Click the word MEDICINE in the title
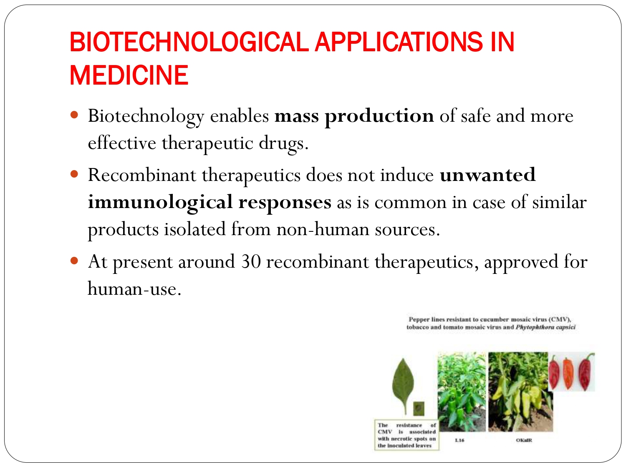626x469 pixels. (x=129, y=75)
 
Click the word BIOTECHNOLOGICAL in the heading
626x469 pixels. (x=189, y=42)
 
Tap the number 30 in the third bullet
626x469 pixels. (x=251, y=262)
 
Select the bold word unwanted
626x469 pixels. (x=487, y=175)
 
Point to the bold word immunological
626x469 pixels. (x=160, y=203)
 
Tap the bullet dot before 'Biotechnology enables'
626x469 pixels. (x=75, y=114)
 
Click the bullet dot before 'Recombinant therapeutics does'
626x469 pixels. (x=75, y=173)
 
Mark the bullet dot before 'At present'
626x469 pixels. (x=75, y=261)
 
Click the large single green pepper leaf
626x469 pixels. (x=403, y=384)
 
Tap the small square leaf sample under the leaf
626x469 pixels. (x=419, y=408)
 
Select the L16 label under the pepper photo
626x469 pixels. (x=459, y=440)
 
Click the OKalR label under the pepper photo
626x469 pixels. (x=524, y=440)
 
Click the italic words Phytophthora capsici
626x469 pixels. (x=545, y=327)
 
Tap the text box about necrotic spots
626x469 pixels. (x=406, y=435)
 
